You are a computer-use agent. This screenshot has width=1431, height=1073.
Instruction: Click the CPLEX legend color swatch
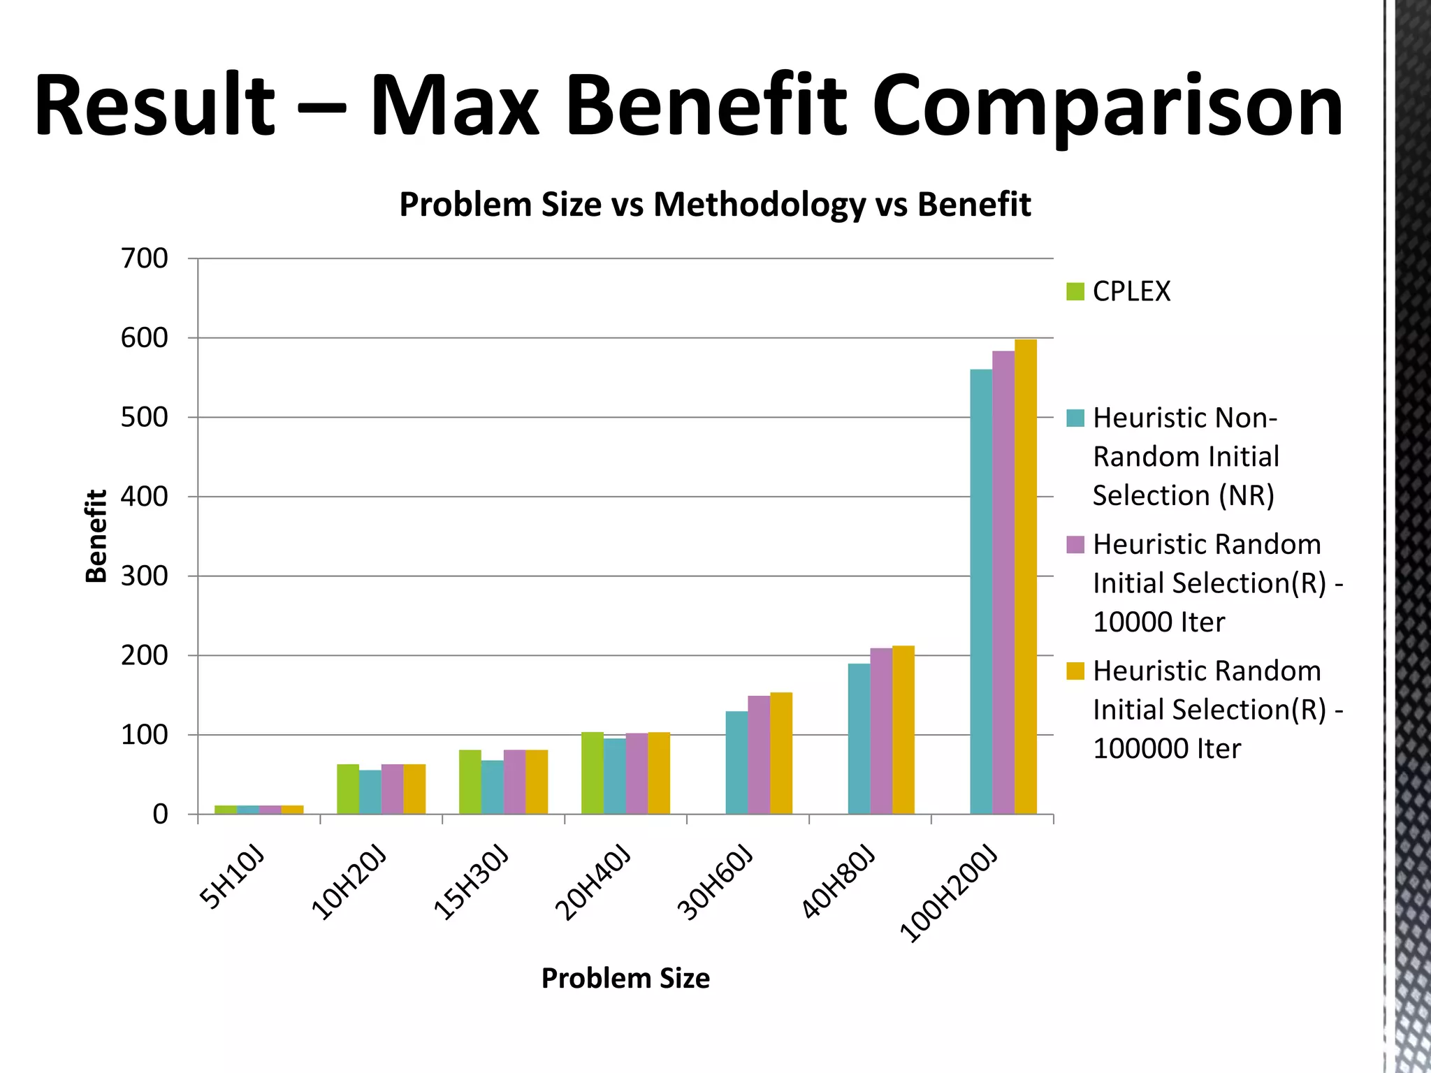[x=1075, y=291]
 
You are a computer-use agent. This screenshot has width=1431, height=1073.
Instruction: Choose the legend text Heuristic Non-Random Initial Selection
[x=1185, y=457]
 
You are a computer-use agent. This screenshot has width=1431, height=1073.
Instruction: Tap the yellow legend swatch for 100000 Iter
[x=1075, y=671]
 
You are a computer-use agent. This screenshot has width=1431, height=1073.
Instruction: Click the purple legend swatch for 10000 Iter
[x=1075, y=544]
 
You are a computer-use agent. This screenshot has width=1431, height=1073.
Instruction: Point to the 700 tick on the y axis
[x=145, y=258]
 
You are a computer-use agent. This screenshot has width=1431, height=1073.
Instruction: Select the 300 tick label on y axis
[x=145, y=576]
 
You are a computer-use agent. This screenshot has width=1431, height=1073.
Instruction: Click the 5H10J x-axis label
[x=233, y=877]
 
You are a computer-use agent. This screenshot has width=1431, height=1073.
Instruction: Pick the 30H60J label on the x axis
[x=715, y=884]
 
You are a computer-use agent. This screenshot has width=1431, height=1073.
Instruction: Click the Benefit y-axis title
[x=96, y=536]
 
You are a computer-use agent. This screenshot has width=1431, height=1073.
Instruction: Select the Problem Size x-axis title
[x=625, y=978]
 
